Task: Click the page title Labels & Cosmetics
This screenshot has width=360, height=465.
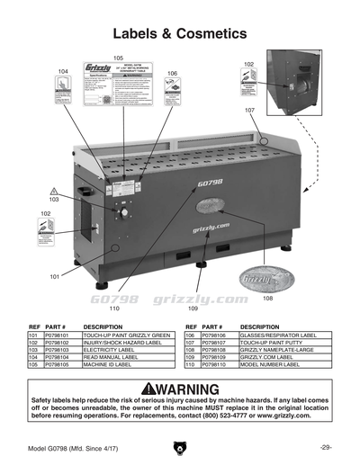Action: click(179, 34)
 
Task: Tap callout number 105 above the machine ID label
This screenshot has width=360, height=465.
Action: click(118, 58)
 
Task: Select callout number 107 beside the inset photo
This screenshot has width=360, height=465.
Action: click(249, 109)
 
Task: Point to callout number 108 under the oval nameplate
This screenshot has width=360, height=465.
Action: click(267, 297)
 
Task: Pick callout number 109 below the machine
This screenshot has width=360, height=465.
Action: click(193, 308)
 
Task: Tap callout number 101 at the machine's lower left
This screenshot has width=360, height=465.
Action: click(54, 276)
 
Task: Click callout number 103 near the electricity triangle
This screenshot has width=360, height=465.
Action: click(54, 200)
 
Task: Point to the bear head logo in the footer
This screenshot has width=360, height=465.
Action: click(180, 447)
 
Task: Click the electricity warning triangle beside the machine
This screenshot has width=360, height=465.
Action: click(54, 191)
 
